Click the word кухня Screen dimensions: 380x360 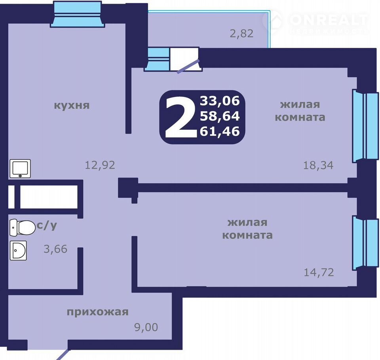coord(72,105)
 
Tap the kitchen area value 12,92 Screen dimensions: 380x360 coord(100,165)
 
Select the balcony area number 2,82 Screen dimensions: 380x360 coord(241,34)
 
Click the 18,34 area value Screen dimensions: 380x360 coord(318,165)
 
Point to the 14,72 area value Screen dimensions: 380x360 coord(319,272)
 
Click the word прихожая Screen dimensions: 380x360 coord(97,312)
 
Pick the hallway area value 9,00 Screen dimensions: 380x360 coord(146,327)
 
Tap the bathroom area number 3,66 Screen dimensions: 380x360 coord(55,249)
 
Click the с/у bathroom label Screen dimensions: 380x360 coord(47,226)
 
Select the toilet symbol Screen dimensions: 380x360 coord(22,227)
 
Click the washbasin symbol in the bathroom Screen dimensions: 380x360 coord(18,250)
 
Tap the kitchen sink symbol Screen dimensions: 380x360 coord(20,169)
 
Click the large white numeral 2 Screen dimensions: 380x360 coord(181,117)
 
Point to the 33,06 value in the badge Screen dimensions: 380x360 coord(220,101)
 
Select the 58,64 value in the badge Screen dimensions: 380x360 coord(220,116)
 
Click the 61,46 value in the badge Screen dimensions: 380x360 coord(220,131)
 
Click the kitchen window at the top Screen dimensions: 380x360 coord(77,14)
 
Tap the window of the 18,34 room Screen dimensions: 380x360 coord(365,126)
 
